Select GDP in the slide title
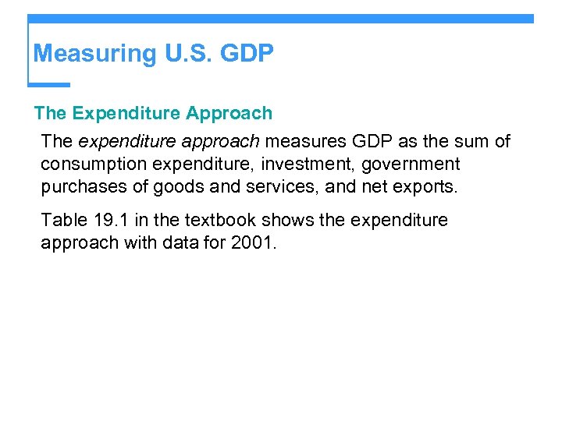coord(247,54)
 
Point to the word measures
coord(301,141)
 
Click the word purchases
coord(79,188)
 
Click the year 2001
coord(251,242)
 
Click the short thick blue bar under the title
coord(48,84)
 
